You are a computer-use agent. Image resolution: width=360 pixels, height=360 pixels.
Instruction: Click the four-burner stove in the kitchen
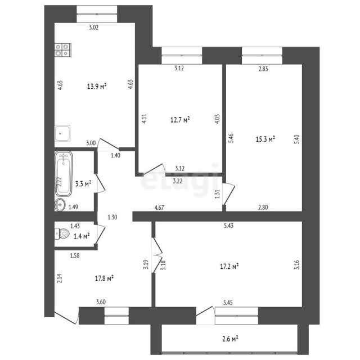(x=62, y=50)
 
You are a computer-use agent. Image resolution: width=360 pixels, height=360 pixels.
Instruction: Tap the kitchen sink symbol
(x=62, y=133)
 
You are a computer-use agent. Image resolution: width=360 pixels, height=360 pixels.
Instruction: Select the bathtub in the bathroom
(x=64, y=174)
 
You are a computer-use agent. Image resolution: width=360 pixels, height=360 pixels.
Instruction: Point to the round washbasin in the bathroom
(x=60, y=204)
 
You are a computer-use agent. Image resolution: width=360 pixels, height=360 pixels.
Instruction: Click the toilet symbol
(x=62, y=233)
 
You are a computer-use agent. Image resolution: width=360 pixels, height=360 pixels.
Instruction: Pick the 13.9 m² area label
(x=97, y=86)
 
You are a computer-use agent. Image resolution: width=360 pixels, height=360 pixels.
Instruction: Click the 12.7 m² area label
(x=180, y=119)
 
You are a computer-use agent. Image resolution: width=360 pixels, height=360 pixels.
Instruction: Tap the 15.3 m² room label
(x=265, y=139)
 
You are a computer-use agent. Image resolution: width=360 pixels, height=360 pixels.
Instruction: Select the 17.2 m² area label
(x=229, y=266)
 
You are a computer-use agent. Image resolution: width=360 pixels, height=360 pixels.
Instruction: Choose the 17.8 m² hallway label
(x=104, y=278)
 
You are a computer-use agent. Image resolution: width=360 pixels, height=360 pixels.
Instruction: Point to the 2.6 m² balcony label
(x=230, y=339)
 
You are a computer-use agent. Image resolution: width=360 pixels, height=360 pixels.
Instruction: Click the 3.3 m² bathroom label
(x=83, y=183)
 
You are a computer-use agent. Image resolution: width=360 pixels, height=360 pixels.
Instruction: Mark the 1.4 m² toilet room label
(x=82, y=236)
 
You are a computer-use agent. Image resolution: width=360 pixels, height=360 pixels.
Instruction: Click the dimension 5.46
(x=231, y=138)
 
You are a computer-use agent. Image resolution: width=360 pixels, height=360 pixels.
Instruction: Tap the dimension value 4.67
(x=159, y=208)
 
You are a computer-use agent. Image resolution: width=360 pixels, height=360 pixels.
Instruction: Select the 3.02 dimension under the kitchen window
(x=94, y=28)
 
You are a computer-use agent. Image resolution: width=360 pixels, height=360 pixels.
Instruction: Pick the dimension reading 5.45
(x=228, y=303)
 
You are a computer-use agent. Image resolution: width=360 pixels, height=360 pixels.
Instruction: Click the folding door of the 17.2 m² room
(x=157, y=255)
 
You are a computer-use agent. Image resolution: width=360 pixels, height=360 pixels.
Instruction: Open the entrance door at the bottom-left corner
(x=66, y=317)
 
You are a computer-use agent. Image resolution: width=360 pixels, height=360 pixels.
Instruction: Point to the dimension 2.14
(x=60, y=278)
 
